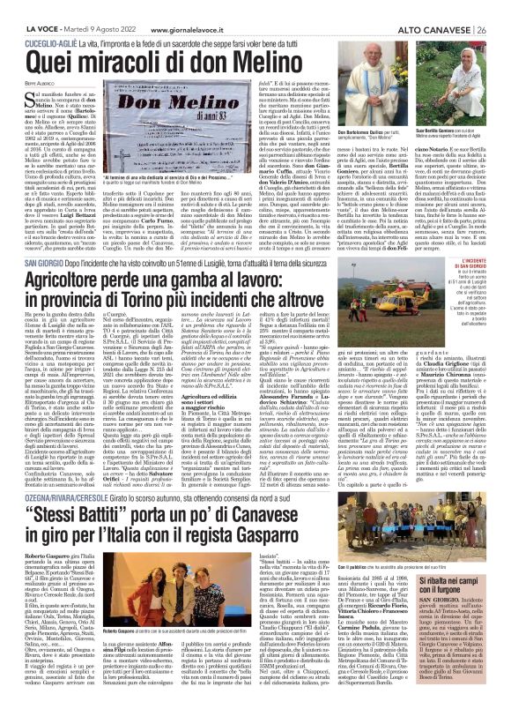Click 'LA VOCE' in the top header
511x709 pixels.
point(26,7)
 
